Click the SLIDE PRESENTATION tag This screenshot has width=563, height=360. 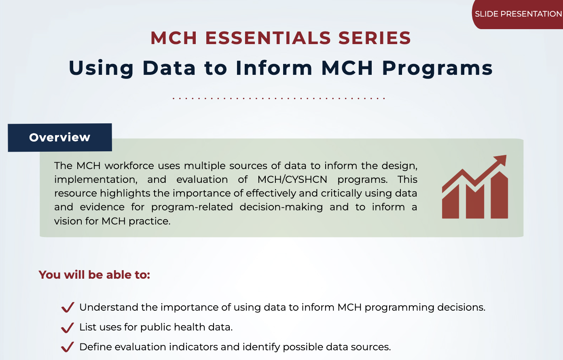[x=518, y=14]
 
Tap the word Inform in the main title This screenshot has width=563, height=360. [x=274, y=68]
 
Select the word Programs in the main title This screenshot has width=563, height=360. [x=437, y=68]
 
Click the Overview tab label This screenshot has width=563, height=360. [x=60, y=138]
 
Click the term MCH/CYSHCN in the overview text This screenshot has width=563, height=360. [x=292, y=180]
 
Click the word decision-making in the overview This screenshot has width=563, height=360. [x=281, y=207]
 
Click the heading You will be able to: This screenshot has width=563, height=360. [x=94, y=275]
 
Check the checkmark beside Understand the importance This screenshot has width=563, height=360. [x=68, y=307]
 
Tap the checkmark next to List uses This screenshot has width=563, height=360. [x=68, y=327]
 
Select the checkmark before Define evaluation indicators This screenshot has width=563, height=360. [x=68, y=347]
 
